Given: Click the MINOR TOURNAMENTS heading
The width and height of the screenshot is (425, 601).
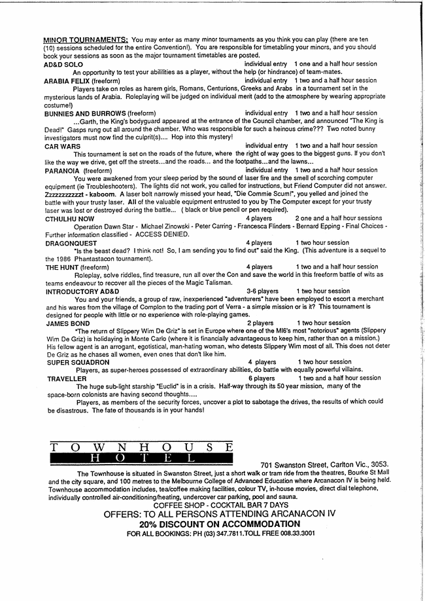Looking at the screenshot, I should click(85, 40).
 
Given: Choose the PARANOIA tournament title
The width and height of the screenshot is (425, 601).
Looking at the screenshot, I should click(63, 170).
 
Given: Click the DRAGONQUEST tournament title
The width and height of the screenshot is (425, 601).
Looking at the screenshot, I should click(71, 242).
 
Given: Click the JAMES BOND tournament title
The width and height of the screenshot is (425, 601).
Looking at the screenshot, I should click(67, 323).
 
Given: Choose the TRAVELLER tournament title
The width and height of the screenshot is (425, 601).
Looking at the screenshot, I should click(67, 378).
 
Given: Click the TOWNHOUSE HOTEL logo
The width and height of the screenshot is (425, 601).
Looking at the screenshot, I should click(141, 452).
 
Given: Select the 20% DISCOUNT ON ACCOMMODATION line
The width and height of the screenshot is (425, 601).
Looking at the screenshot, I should click(219, 524).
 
